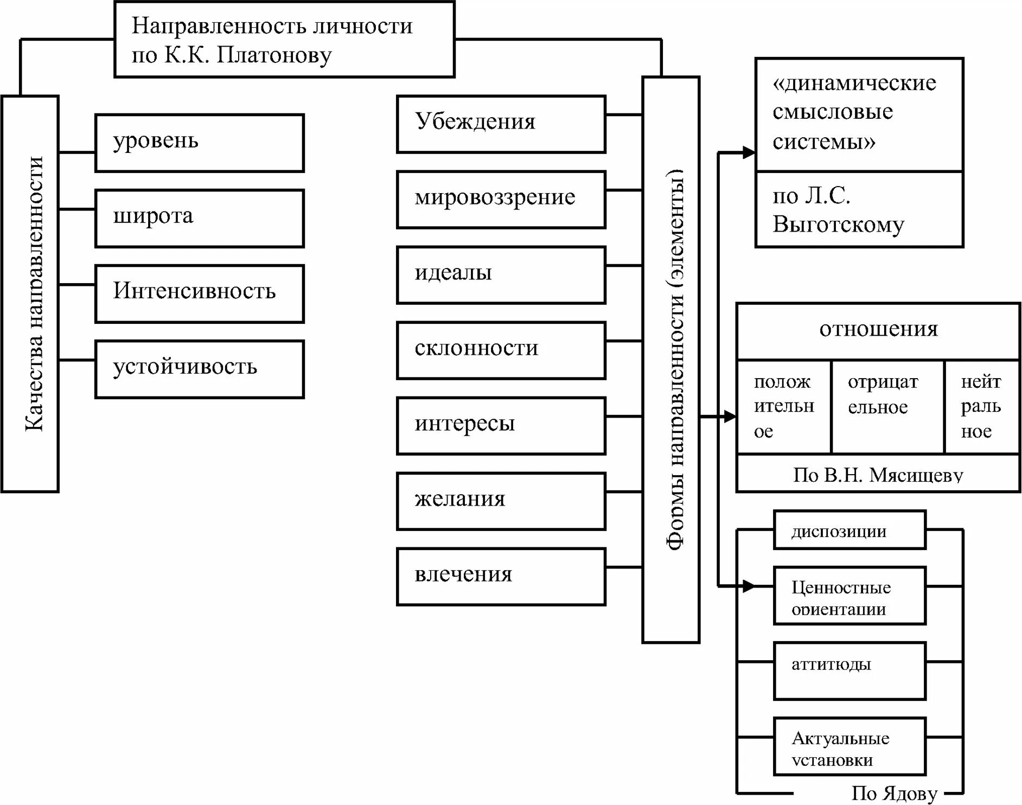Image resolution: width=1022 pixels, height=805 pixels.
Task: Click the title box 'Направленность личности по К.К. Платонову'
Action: point(284,40)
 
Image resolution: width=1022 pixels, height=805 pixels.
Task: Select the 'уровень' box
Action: point(199,143)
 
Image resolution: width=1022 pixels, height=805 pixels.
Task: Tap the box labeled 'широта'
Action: point(199,218)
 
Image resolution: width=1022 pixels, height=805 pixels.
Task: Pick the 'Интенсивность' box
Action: point(199,293)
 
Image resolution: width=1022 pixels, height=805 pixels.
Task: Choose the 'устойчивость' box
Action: point(199,369)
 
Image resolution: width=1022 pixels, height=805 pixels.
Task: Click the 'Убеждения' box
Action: point(501,124)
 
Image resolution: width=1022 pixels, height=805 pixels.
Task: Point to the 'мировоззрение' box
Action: point(501,199)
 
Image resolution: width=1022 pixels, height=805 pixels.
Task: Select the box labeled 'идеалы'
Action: point(501,274)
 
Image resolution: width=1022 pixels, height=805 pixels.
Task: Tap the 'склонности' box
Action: point(501,350)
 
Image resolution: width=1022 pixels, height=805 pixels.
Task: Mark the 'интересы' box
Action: point(501,425)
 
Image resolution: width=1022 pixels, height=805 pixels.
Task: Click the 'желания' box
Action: point(501,501)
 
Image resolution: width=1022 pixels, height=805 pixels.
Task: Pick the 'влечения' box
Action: point(501,576)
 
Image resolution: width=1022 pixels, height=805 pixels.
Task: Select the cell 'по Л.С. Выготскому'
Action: point(859,209)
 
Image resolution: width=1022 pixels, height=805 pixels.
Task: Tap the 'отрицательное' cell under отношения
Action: point(887,406)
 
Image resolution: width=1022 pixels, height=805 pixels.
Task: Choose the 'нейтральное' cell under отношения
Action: point(981,406)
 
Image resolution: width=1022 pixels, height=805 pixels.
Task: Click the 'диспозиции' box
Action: point(849,530)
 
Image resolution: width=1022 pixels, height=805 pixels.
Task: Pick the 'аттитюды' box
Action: point(849,670)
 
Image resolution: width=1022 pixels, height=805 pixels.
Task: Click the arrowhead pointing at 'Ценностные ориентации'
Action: point(749,586)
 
